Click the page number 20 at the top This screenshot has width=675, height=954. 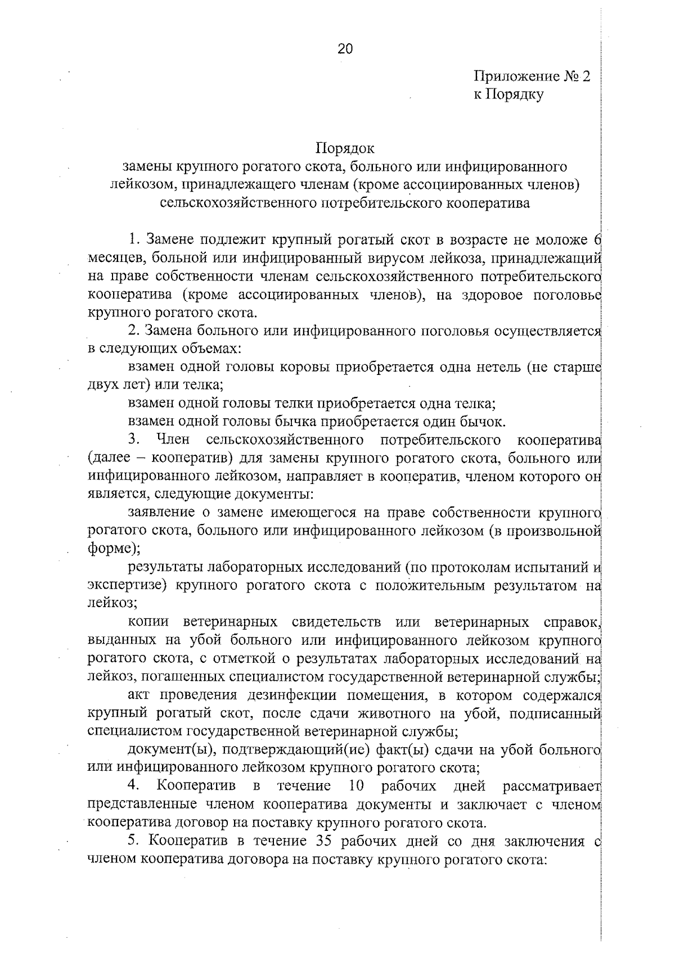coord(345,49)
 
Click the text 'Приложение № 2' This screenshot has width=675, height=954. coord(531,76)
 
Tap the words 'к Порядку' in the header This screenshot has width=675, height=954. coord(508,94)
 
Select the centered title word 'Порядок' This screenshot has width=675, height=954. coord(345,148)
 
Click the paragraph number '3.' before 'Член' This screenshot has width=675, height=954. coord(134,439)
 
